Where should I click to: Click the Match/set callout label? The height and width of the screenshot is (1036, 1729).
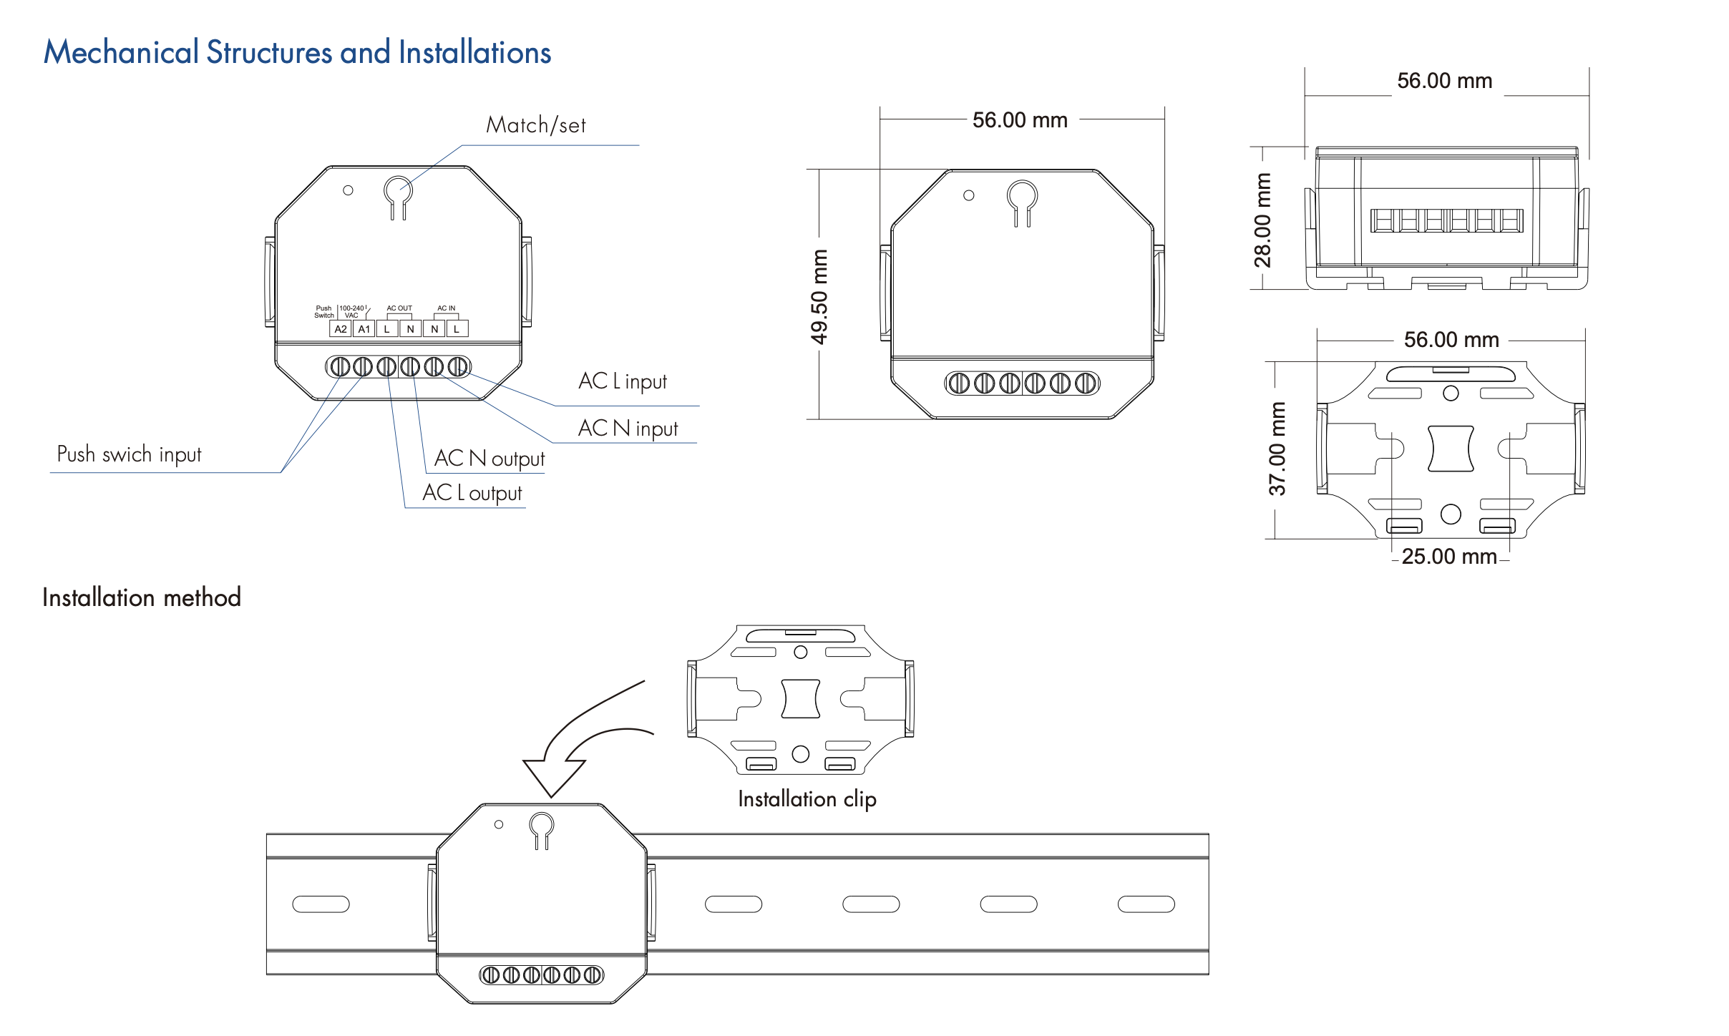(x=535, y=125)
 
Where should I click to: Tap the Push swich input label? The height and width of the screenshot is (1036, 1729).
(x=129, y=454)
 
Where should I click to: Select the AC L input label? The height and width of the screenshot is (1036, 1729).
(x=622, y=381)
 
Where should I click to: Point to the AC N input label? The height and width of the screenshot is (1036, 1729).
(x=628, y=429)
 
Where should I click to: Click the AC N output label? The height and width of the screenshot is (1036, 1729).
(x=490, y=459)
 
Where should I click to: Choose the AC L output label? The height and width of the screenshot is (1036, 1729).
(x=472, y=493)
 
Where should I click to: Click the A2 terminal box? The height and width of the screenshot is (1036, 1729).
(x=341, y=329)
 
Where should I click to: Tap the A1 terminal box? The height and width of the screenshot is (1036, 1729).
(x=364, y=329)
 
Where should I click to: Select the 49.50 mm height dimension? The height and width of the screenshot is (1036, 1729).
(x=819, y=296)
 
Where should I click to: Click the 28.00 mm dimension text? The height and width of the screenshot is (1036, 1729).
(x=1263, y=220)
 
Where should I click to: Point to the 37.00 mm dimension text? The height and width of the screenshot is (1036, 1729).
(x=1277, y=449)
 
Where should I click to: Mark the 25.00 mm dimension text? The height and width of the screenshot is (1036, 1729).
(x=1449, y=557)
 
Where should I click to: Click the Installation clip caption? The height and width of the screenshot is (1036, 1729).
(x=807, y=798)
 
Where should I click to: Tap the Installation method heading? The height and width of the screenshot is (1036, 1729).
(x=142, y=597)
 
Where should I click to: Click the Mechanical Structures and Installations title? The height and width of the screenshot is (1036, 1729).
(x=297, y=52)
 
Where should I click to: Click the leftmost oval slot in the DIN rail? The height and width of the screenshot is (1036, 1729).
(x=321, y=904)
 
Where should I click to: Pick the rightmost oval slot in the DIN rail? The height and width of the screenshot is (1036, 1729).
(x=1146, y=904)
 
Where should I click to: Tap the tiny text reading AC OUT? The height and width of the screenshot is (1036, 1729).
(x=399, y=308)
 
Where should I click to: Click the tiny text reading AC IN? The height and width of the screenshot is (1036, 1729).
(x=447, y=308)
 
